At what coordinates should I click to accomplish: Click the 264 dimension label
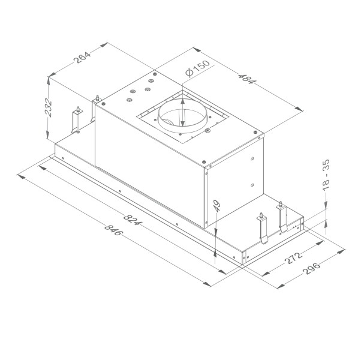tap(80, 58)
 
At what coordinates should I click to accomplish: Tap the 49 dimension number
tap(216, 206)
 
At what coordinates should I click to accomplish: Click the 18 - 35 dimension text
tap(326, 175)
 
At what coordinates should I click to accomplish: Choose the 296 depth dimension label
tap(312, 268)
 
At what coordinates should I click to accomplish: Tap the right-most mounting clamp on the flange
tap(282, 218)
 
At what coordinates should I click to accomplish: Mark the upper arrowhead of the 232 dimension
tap(49, 79)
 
